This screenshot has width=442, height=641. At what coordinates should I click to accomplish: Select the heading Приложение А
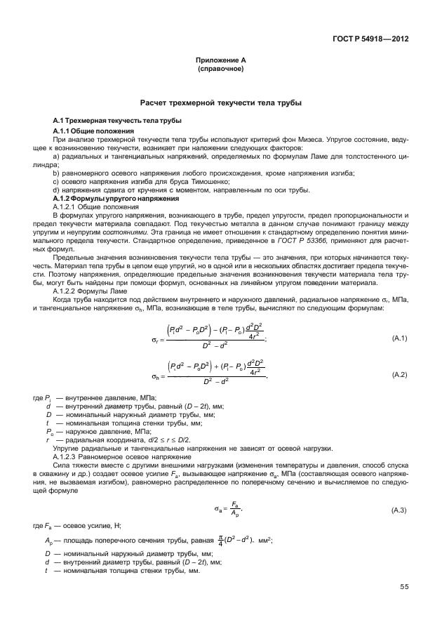tap(220, 61)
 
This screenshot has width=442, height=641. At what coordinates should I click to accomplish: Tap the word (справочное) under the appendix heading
tap(220, 70)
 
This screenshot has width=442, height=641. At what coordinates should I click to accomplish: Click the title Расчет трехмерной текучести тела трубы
tap(220, 103)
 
